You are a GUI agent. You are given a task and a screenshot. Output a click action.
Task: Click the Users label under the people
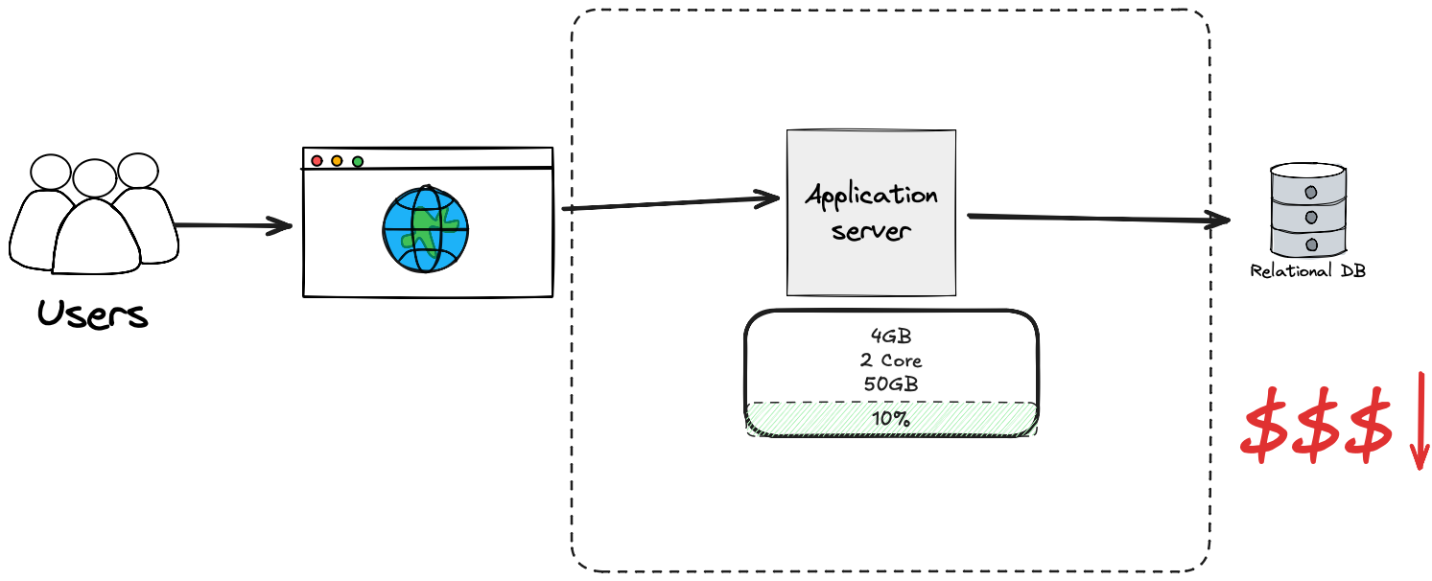click(x=93, y=314)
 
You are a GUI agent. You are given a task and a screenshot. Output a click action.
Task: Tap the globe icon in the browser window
click(x=425, y=229)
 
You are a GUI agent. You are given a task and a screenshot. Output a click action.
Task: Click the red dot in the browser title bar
click(x=317, y=161)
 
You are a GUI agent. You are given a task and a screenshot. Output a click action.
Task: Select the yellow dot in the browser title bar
click(x=337, y=161)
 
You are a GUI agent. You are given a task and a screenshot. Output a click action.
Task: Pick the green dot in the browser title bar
click(x=358, y=161)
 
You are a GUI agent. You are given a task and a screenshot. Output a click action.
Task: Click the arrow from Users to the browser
click(x=233, y=226)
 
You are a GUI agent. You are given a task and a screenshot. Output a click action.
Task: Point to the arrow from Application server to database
click(x=1098, y=219)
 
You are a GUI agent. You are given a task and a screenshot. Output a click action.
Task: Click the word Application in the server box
click(x=871, y=197)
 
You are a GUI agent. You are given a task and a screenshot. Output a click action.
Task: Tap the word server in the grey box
click(x=871, y=231)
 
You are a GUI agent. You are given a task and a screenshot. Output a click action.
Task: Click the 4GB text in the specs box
click(x=891, y=338)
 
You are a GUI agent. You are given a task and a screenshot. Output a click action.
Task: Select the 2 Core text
click(x=891, y=361)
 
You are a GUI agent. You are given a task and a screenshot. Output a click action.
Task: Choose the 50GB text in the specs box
click(x=891, y=384)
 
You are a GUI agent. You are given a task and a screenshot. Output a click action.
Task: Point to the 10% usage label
click(x=891, y=419)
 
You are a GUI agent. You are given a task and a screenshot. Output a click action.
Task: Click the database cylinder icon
click(x=1308, y=210)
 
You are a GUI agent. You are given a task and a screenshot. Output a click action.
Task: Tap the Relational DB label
click(x=1307, y=271)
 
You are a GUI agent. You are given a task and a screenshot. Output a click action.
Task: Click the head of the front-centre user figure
click(x=94, y=179)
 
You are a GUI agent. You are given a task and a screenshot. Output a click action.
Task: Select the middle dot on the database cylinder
click(x=1309, y=217)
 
